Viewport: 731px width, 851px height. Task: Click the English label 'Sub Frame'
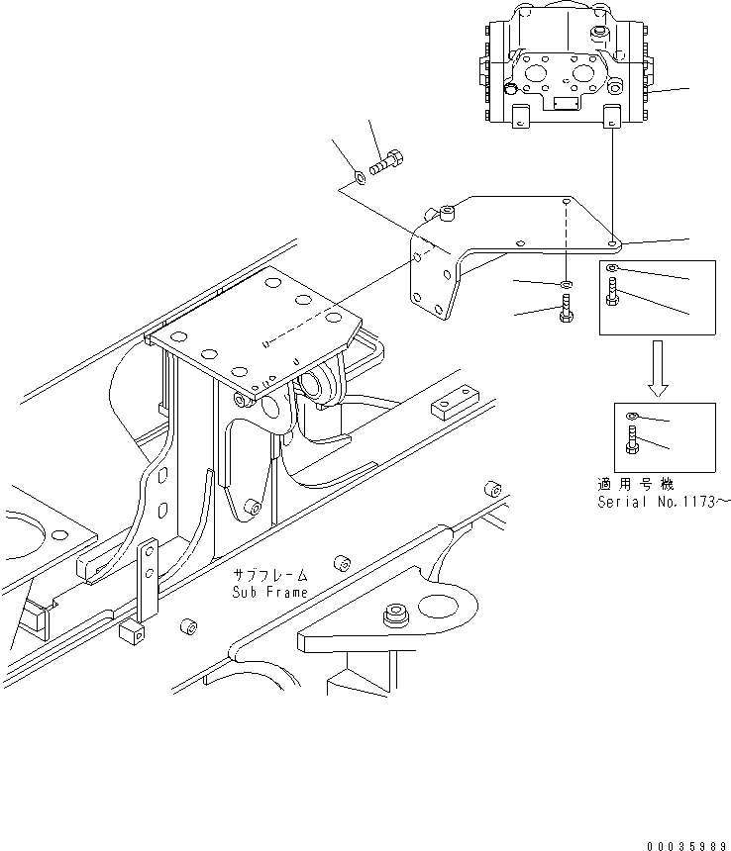(x=270, y=592)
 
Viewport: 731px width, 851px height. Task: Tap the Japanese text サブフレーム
(x=270, y=575)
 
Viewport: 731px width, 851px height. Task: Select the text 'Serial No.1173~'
(x=663, y=502)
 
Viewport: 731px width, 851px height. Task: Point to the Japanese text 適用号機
(x=636, y=485)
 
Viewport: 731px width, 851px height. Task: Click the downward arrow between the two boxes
(x=657, y=368)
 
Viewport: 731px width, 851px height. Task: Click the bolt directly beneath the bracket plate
(x=564, y=311)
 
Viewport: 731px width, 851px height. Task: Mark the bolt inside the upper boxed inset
(x=612, y=293)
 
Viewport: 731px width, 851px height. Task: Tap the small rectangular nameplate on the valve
(x=566, y=103)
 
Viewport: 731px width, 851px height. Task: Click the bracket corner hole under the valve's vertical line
(x=613, y=239)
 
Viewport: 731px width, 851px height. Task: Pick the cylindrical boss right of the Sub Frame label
(x=340, y=564)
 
